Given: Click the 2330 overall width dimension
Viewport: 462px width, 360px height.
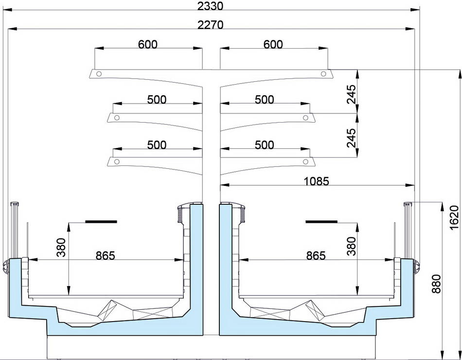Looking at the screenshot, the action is (x=210, y=6).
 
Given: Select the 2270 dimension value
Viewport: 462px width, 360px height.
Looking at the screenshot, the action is (x=210, y=25).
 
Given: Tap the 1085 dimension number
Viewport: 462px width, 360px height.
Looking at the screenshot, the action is (x=316, y=181).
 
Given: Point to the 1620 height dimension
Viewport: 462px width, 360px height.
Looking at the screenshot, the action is (x=454, y=217).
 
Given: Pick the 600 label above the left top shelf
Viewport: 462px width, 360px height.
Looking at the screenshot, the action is (x=148, y=44).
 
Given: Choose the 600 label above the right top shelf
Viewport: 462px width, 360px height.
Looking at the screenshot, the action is (x=273, y=44).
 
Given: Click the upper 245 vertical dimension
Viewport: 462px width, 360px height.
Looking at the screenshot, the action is (x=351, y=94).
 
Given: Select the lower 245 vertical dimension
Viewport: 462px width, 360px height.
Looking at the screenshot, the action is (x=351, y=138).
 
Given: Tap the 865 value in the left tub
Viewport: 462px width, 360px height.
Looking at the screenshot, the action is (x=105, y=255).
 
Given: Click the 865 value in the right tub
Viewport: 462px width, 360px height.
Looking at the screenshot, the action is (x=316, y=255).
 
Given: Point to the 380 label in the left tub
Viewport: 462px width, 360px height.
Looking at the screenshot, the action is (x=61, y=247).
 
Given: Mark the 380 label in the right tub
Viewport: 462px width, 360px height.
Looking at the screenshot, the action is (x=351, y=246).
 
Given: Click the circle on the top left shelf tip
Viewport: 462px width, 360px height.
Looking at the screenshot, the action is (x=99, y=74).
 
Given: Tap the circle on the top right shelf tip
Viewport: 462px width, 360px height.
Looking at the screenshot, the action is (x=323, y=74).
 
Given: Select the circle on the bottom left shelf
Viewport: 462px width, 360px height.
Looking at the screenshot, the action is (x=117, y=162).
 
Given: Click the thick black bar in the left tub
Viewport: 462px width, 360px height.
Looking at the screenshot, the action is (x=101, y=221).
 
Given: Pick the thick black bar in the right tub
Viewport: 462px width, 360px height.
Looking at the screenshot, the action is (x=321, y=221).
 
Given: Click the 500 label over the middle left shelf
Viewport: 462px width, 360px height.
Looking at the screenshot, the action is (x=157, y=99).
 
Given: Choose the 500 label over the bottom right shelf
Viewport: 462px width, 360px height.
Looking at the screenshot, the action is (x=264, y=145).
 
